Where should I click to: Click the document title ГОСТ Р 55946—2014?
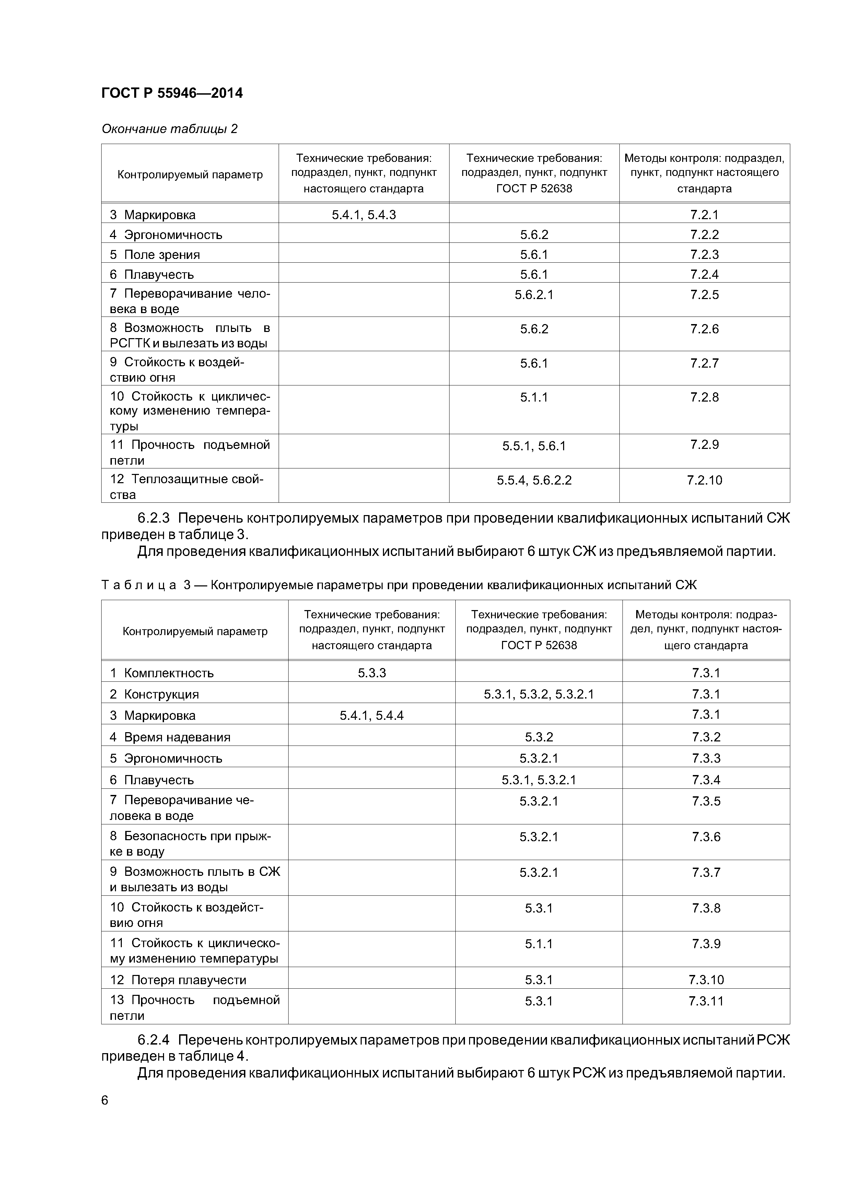(172, 93)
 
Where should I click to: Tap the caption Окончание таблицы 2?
(170, 129)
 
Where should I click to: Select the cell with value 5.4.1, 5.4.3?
(363, 215)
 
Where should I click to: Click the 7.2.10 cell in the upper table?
(704, 480)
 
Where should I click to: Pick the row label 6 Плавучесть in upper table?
(152, 275)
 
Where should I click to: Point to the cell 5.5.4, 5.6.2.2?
(534, 480)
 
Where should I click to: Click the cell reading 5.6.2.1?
(534, 295)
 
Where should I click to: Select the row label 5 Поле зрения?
(155, 255)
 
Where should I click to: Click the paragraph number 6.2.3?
(154, 518)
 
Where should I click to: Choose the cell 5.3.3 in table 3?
(372, 673)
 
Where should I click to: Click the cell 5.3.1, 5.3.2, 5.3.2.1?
(538, 694)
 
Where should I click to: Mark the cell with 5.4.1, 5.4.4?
(372, 715)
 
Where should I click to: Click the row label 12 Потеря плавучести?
(178, 980)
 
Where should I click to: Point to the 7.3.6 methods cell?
(706, 837)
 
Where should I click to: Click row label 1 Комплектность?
(162, 673)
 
